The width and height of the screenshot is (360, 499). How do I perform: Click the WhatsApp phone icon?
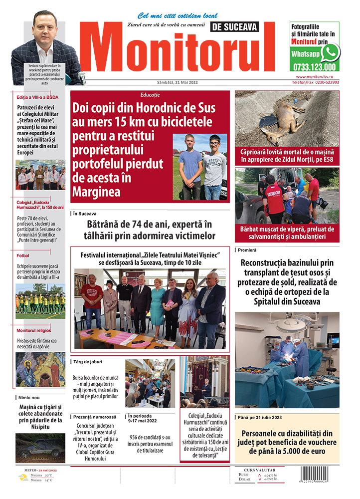coord(330,52)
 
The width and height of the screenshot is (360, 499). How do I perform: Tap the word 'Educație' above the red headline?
coord(150,95)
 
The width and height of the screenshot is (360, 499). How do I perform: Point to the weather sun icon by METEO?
coord(23,478)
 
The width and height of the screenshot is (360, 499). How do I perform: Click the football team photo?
coord(40,300)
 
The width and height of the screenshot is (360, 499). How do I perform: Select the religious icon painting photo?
coord(40,370)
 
